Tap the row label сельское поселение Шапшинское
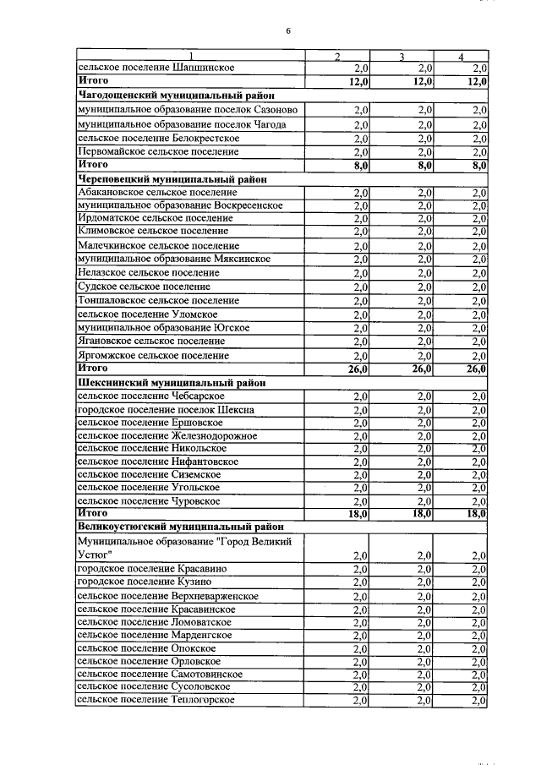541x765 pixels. pos(156,67)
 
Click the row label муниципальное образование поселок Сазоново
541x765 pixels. pos(186,110)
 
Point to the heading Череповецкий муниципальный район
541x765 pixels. pos(172,179)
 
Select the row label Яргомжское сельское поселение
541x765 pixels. pos(152,356)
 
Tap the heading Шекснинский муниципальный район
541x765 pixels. pos(172,383)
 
